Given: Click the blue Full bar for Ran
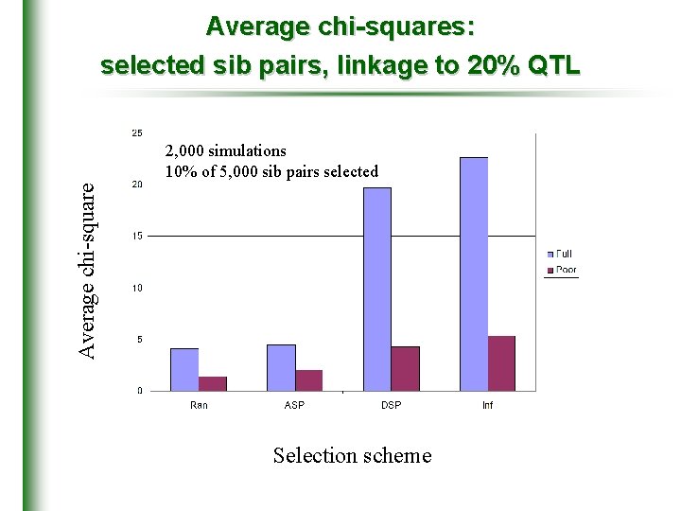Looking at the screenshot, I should click(x=184, y=369).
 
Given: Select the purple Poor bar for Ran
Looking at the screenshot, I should click(x=213, y=383).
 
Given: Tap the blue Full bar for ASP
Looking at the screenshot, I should click(x=281, y=367).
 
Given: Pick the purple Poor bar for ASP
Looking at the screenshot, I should click(x=309, y=379).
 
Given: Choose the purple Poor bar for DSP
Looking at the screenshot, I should click(x=405, y=368).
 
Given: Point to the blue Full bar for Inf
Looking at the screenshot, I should click(x=473, y=273).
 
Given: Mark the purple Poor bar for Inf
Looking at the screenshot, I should click(x=501, y=362).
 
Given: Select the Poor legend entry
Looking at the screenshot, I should click(x=564, y=270).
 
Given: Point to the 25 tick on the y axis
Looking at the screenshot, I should click(x=137, y=132).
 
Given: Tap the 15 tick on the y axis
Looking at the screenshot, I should click(x=137, y=236).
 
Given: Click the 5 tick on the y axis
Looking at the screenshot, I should click(x=140, y=339).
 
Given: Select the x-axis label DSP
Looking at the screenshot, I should click(x=391, y=405).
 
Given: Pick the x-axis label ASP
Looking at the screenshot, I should click(x=294, y=405).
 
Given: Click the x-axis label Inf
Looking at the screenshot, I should click(x=487, y=405).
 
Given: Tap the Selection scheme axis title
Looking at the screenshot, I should click(x=352, y=455).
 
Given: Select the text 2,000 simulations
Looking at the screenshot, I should click(x=225, y=150).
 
